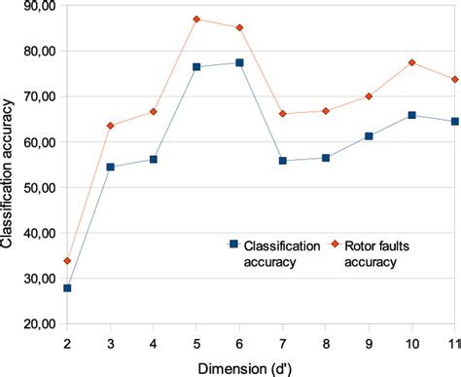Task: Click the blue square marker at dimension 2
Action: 67,288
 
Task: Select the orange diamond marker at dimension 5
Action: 196,19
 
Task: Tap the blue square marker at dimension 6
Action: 239,62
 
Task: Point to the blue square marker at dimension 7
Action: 283,161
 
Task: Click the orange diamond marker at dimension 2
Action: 67,260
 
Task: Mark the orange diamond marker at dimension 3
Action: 110,126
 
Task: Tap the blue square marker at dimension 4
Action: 154,159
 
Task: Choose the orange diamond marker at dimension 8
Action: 326,111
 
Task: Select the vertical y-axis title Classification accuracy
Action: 9,166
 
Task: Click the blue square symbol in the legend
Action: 233,243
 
